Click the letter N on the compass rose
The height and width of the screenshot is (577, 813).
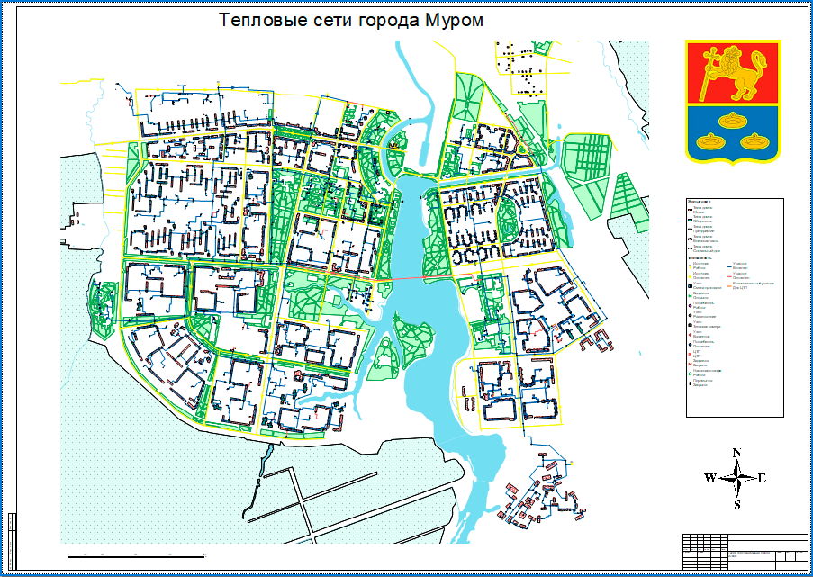(736, 454)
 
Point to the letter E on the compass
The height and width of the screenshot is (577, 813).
(762, 478)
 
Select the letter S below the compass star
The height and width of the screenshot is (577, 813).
(736, 504)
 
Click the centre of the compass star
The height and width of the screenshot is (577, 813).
(736, 478)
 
